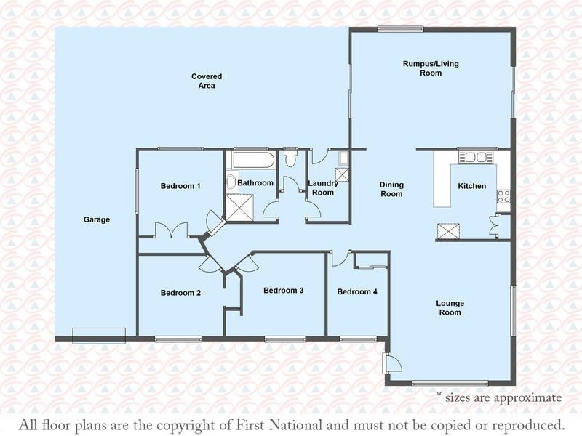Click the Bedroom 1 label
(180, 186)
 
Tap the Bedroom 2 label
(180, 293)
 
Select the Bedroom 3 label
(284, 290)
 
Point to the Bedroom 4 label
(357, 292)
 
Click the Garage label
(97, 219)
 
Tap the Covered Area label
(207, 81)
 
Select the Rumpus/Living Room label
(431, 68)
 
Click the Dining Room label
(391, 189)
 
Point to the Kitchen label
(471, 186)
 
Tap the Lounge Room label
(450, 307)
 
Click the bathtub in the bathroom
(253, 160)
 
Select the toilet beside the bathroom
(290, 157)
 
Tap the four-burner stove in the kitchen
(503, 196)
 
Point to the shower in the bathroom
(239, 207)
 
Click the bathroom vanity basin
(231, 182)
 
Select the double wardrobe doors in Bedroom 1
(171, 230)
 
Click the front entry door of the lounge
(392, 362)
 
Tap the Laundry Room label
(323, 187)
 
